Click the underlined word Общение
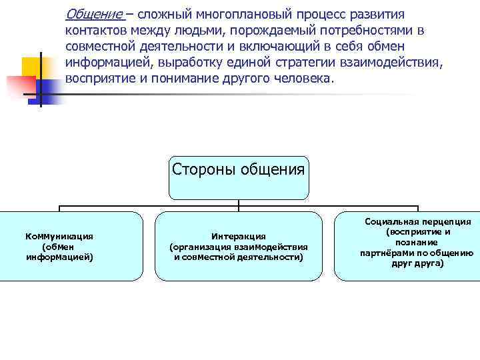pyautogui.click(x=94, y=15)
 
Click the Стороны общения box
pyautogui.click(x=239, y=177)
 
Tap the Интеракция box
pyautogui.click(x=239, y=246)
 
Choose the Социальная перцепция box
pyautogui.click(x=407, y=246)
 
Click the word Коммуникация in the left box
pyautogui.click(x=59, y=236)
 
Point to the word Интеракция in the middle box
pyautogui.click(x=239, y=236)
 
